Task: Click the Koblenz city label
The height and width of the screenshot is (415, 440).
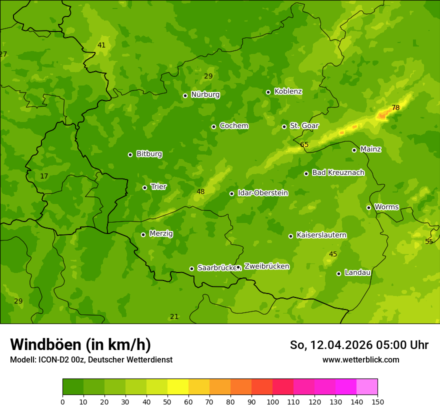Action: coord(288,91)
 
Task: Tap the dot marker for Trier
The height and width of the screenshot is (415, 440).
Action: coord(145,187)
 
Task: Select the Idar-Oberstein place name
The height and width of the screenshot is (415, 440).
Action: coord(262,193)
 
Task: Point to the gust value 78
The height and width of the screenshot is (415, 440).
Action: coord(395,107)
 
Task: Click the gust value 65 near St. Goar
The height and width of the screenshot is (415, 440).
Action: coord(304,145)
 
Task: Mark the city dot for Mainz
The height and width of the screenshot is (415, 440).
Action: coord(354,150)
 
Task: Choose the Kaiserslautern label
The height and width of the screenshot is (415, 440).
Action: coord(321,235)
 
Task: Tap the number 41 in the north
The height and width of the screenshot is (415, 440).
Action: coord(101,45)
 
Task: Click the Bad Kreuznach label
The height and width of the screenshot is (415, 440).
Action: coord(338,172)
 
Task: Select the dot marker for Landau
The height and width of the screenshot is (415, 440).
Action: coord(338,273)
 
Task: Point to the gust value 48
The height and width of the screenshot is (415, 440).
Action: coord(200,191)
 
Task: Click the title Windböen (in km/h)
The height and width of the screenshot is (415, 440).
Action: coord(80,344)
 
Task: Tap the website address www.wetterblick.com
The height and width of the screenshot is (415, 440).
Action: coord(360,359)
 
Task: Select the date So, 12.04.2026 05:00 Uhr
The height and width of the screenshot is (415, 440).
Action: coord(359,345)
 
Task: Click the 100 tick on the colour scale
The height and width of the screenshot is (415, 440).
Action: coord(272,401)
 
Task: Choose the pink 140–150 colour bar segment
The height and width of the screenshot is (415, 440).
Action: coord(367,386)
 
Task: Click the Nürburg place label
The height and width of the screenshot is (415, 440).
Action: coord(205,94)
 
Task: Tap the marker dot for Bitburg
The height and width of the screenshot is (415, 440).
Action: coord(130,154)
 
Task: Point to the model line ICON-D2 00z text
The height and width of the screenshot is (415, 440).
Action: coord(91,359)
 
